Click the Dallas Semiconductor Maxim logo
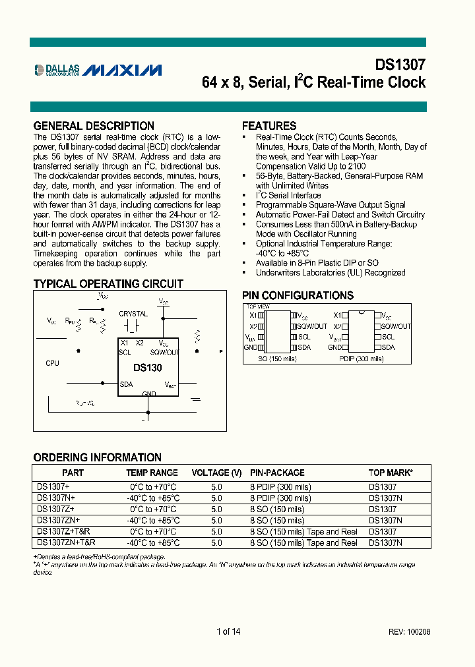tap(98, 69)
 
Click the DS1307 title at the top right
tap(400, 65)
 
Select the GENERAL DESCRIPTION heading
tap(94, 125)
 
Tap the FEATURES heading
tap(269, 125)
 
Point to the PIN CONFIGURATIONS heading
tap(298, 296)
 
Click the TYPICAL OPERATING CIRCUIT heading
tap(108, 284)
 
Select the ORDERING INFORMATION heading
tap(97, 457)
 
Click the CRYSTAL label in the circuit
tap(133, 314)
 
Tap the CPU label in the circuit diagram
tap(52, 363)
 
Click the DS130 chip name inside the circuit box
tap(147, 368)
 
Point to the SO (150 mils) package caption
tap(277, 359)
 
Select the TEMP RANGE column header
tap(152, 473)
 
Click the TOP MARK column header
tap(391, 473)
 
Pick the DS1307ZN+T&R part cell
tap(66, 542)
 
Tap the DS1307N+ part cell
tap(56, 498)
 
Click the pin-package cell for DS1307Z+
tap(277, 509)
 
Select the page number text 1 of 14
tap(228, 631)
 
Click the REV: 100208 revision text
tap(409, 631)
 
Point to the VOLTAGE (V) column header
tap(216, 473)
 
